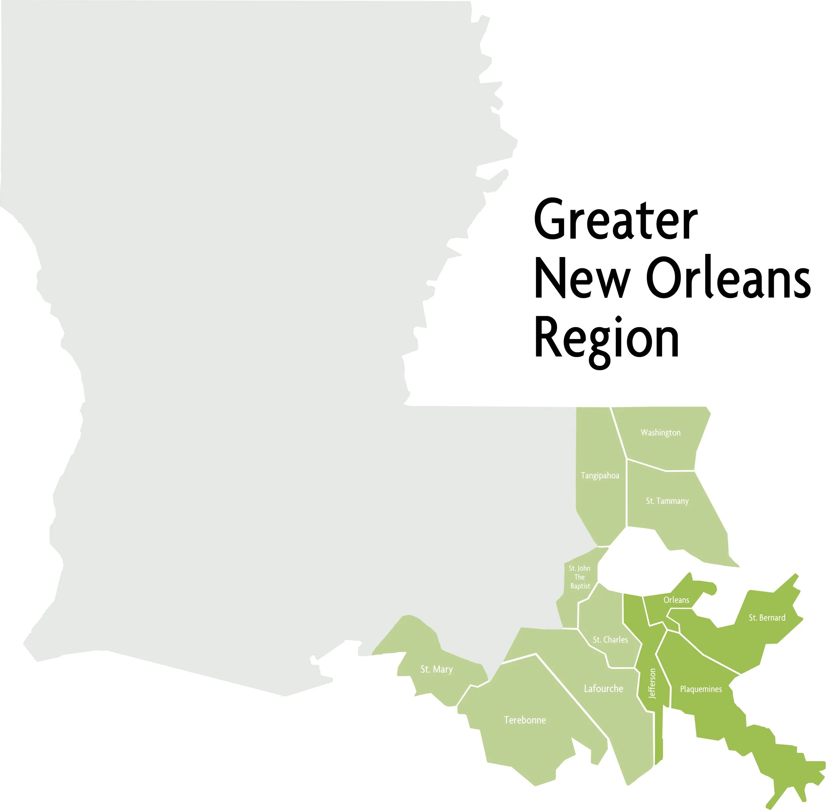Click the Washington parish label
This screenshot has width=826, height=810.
[x=660, y=433]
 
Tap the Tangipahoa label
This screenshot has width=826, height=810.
[x=600, y=476]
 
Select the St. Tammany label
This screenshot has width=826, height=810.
[x=667, y=501]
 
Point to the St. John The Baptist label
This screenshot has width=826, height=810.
[x=580, y=577]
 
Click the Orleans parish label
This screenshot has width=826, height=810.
[x=676, y=600]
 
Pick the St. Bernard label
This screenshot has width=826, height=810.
[x=767, y=618]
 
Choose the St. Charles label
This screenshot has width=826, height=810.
[x=610, y=640]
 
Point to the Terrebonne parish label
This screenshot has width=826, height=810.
[x=525, y=720]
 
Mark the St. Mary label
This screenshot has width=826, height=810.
[x=436, y=670]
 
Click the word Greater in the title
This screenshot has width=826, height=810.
[x=616, y=220]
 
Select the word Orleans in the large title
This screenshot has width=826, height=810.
[x=728, y=279]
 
